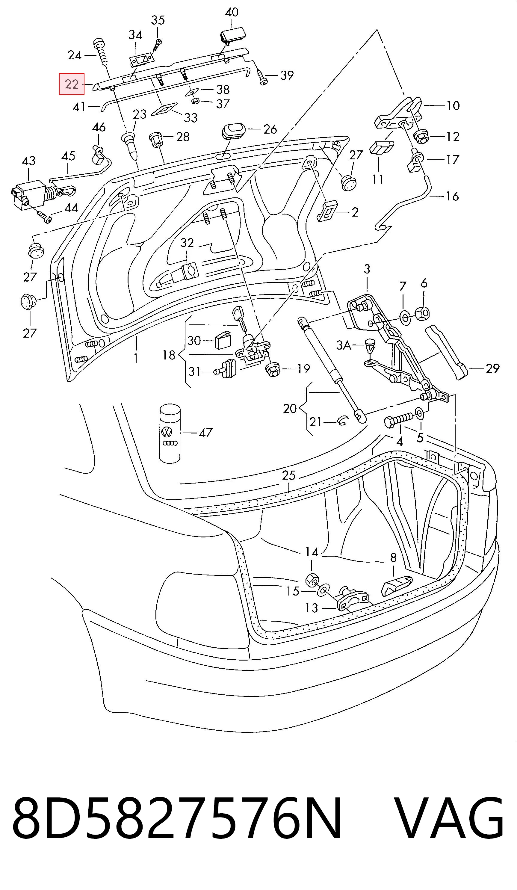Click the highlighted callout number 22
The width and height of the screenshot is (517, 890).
(72, 84)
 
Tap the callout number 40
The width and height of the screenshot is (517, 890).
(232, 12)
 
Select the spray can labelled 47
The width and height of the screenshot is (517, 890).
(170, 433)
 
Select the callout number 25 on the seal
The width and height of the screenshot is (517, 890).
(288, 475)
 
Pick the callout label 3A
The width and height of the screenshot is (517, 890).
(344, 345)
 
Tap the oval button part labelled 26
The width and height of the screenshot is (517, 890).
(233, 132)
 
